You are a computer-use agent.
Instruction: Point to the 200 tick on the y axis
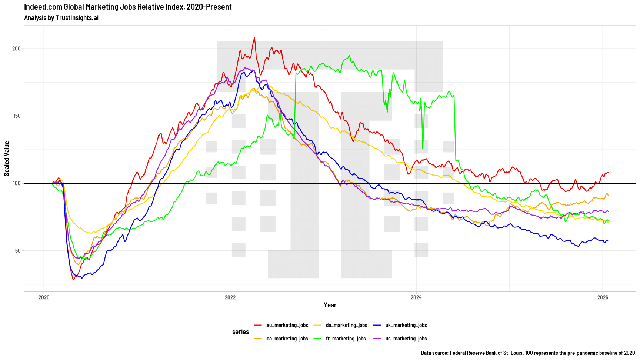click(16, 49)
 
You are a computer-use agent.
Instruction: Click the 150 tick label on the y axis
click(16, 116)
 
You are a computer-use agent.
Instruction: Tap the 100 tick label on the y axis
click(16, 183)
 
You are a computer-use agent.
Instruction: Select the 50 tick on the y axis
click(18, 251)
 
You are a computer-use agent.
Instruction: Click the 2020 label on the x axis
click(44, 297)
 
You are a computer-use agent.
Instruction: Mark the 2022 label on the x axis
click(230, 297)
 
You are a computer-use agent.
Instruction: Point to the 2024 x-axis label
click(416, 297)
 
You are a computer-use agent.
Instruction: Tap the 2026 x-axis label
click(603, 297)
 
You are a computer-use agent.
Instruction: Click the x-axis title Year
click(330, 305)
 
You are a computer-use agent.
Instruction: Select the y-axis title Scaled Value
click(7, 159)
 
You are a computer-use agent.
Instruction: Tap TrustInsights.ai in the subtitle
click(77, 18)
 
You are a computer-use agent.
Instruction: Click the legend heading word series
click(241, 332)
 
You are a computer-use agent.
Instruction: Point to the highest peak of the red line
click(254, 37)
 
